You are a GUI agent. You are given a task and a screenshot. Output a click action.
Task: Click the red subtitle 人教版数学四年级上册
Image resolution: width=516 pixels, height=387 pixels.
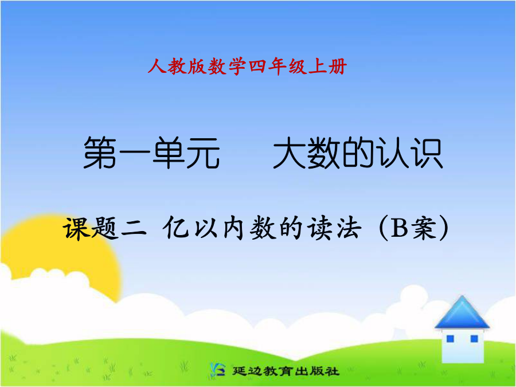(x=247, y=67)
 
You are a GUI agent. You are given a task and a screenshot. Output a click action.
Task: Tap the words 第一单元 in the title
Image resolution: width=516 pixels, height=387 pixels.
(x=152, y=153)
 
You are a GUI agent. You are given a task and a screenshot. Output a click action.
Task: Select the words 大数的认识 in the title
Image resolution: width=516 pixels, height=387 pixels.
(x=358, y=153)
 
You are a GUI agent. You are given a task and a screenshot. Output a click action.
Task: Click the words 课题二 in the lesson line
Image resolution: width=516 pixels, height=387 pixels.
(x=105, y=228)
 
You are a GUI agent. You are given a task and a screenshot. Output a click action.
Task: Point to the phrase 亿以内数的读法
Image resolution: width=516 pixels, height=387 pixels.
(x=261, y=228)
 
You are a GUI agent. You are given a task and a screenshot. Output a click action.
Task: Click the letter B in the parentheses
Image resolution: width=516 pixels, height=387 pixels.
(x=399, y=228)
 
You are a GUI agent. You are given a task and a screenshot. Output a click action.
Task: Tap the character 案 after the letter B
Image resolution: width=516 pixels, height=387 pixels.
(x=425, y=228)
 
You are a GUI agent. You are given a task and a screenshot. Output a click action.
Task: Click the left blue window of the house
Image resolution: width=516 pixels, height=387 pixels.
(x=450, y=339)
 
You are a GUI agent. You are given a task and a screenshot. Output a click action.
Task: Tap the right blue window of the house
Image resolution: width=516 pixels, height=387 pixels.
(x=474, y=339)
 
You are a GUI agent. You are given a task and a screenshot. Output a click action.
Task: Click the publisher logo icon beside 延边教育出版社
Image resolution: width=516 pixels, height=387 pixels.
(x=217, y=370)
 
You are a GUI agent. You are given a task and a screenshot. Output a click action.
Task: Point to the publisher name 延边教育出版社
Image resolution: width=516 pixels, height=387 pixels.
(x=286, y=371)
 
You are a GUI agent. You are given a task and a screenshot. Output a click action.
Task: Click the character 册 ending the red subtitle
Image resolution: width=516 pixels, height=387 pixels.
(x=337, y=67)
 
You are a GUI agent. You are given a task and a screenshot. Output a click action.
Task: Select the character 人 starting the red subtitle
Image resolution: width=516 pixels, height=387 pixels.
(x=157, y=67)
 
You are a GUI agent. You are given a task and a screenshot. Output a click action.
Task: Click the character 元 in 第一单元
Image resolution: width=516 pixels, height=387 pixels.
(x=203, y=153)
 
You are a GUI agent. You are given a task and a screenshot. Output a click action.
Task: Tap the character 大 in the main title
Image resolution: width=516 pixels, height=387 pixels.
(x=290, y=153)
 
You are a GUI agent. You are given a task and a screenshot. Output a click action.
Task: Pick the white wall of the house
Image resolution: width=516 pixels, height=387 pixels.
(x=462, y=346)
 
